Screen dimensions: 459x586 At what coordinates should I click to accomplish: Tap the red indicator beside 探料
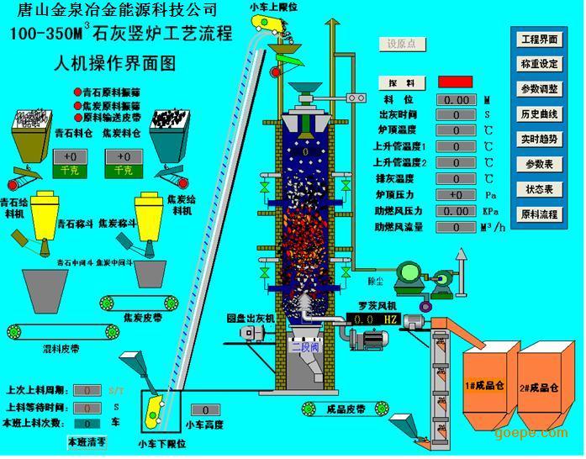click(x=455, y=83)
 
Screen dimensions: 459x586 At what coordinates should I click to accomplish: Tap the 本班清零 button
click(x=88, y=441)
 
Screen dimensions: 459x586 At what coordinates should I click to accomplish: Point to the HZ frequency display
click(x=369, y=320)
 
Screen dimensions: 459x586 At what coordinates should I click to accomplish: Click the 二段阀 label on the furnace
click(x=301, y=345)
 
